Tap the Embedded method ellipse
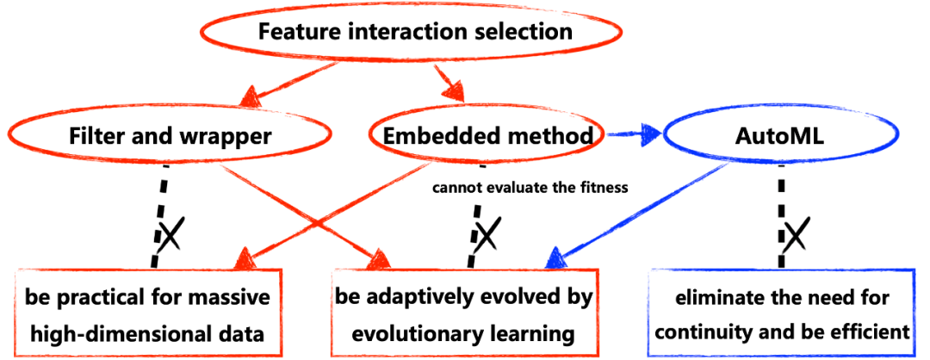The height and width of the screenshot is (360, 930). (x=369, y=136)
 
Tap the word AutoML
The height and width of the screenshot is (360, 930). (x=780, y=136)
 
